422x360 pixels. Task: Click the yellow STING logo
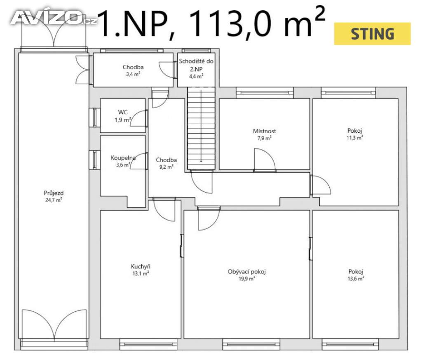372,34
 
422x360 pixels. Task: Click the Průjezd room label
54,193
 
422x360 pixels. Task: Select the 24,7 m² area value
54,200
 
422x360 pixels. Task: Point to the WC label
123,112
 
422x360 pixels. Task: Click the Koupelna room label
123,158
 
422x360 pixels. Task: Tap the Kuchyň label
141,266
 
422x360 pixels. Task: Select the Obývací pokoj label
246,271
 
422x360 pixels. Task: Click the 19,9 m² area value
246,279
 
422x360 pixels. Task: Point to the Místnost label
264,131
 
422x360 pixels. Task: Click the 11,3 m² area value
355,138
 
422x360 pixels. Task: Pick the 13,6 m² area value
356,279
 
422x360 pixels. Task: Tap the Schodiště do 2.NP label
196,65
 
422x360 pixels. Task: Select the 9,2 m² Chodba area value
166,167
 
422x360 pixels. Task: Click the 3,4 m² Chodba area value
133,74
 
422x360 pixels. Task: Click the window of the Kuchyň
148,344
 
